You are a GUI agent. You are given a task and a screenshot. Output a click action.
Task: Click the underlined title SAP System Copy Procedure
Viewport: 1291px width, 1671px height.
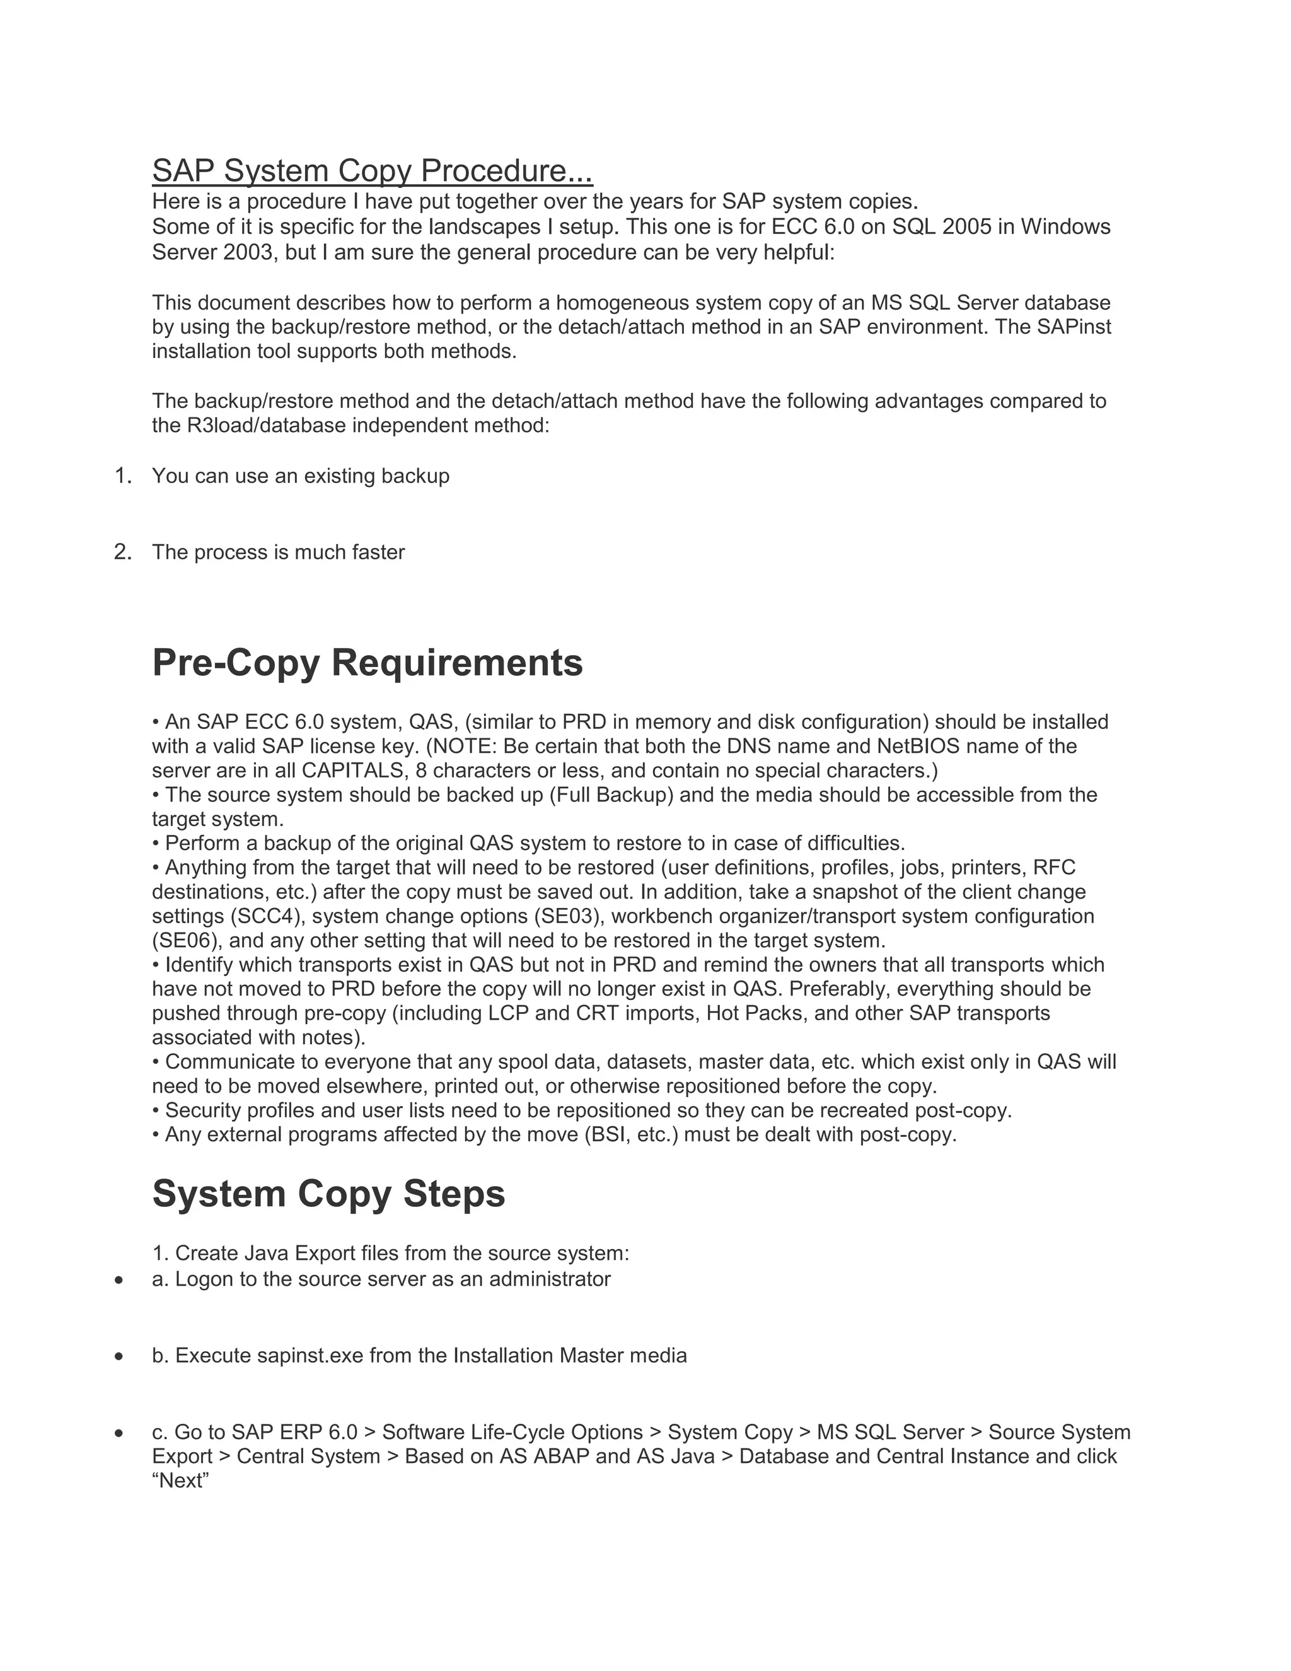click(372, 171)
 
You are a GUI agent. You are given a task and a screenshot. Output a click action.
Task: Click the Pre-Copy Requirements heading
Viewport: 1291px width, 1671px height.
click(367, 663)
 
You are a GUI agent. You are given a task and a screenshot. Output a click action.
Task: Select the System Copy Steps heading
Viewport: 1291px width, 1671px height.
click(328, 1194)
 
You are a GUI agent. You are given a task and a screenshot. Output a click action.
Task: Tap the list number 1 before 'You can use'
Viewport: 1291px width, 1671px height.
click(122, 476)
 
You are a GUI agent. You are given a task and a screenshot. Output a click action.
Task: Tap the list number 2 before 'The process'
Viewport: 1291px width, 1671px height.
click(122, 552)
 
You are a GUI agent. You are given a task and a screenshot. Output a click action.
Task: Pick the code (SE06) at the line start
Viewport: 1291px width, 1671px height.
click(187, 940)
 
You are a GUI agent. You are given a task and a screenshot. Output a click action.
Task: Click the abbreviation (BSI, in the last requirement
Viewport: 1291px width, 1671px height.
click(606, 1134)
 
